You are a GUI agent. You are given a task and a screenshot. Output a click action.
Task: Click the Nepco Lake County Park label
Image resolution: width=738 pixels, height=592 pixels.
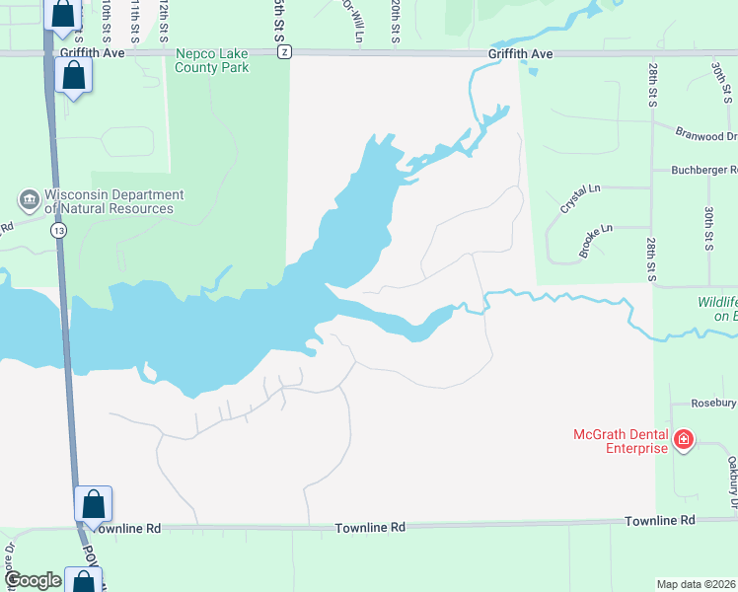tap(212, 61)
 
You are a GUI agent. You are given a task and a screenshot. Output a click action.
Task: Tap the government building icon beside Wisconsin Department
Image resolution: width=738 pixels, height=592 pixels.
tap(29, 200)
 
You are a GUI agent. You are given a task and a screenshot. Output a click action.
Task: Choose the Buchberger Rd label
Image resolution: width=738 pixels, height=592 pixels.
tap(703, 170)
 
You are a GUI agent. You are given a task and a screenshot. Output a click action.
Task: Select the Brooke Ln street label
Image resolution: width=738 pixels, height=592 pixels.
tap(596, 242)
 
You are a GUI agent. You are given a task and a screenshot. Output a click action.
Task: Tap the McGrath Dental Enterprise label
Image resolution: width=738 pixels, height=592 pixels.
tap(622, 441)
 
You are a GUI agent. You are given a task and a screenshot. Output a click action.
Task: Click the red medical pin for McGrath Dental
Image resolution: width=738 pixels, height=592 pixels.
tap(684, 440)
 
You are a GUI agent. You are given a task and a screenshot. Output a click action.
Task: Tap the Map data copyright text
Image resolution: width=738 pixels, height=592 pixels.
tap(697, 583)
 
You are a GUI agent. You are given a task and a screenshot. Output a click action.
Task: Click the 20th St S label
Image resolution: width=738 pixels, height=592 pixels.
tap(395, 20)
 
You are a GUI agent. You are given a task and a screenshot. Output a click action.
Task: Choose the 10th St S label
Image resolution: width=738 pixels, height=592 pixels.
tap(106, 18)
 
